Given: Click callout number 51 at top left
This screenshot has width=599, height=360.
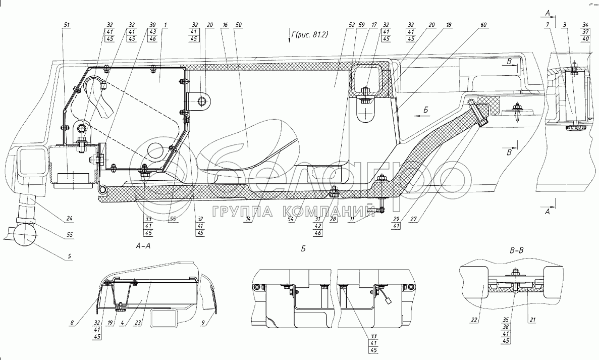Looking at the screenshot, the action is point(67,24).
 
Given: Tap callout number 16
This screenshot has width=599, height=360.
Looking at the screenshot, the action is point(225,24).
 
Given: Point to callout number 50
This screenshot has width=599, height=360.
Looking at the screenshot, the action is point(239,24).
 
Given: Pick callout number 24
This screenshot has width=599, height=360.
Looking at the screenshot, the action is point(70,219).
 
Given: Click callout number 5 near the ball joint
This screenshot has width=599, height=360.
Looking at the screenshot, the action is point(70,256).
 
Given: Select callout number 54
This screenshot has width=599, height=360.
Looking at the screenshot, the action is point(292,220).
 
